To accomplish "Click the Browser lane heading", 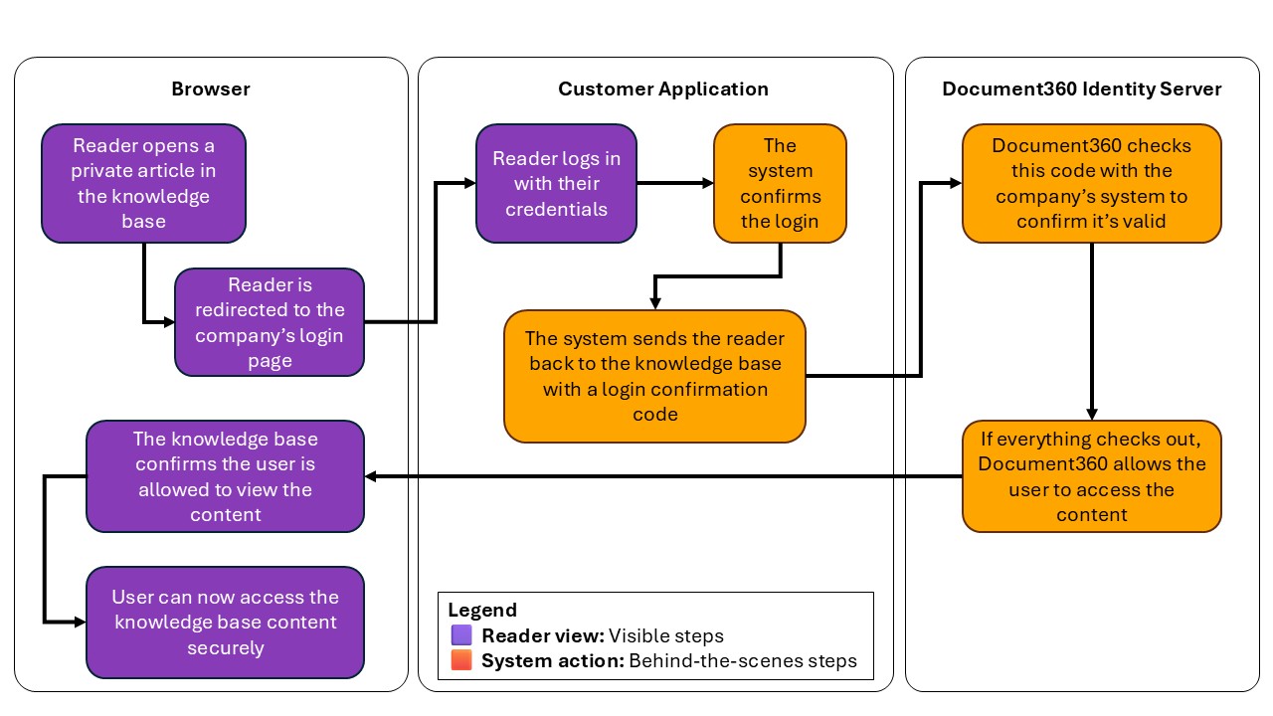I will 211,89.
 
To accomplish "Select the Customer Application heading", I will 662,89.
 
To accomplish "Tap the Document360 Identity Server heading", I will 1082,89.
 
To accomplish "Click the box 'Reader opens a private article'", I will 143,183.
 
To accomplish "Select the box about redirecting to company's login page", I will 270,322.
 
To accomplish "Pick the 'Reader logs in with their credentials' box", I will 556,183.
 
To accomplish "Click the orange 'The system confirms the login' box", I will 780,183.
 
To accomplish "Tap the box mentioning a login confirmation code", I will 654,376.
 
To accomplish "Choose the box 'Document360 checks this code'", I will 1091,183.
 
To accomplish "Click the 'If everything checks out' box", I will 1091,476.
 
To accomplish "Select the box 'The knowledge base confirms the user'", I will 225,476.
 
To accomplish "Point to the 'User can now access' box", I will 225,623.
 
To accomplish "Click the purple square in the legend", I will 460,635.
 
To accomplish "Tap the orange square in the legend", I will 460,660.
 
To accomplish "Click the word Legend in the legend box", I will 482,611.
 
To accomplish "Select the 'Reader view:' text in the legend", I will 542,635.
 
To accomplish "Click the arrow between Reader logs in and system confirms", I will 674,183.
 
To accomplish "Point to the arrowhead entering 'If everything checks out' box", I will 1092,415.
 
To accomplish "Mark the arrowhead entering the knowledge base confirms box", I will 372,476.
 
